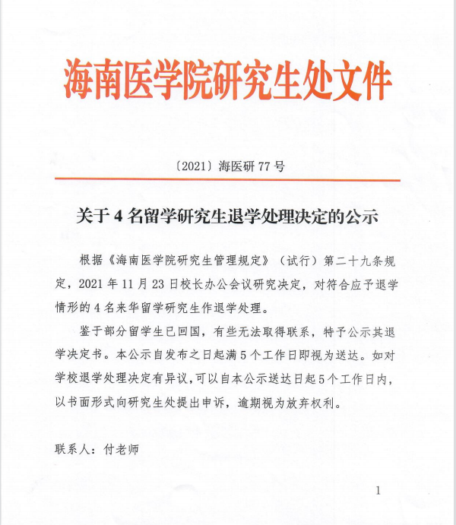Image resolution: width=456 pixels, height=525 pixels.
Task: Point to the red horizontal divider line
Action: [228, 180]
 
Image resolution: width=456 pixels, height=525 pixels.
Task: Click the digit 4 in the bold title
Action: [118, 216]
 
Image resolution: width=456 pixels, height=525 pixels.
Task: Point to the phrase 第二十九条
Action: [353, 259]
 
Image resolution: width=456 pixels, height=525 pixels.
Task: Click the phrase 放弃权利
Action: [325, 404]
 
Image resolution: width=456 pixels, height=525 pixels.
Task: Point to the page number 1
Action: [378, 492]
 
